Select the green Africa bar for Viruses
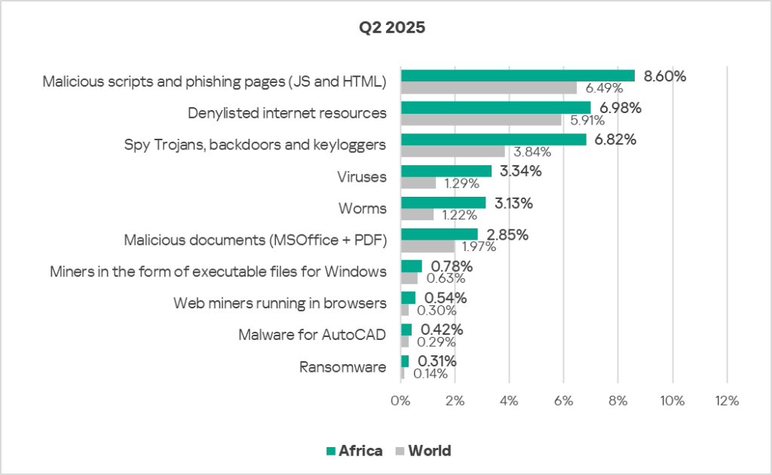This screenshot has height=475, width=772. (x=446, y=171)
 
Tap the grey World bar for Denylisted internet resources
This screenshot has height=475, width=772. (x=481, y=119)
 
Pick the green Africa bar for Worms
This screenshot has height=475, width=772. (x=443, y=203)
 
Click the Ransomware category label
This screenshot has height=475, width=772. (x=343, y=367)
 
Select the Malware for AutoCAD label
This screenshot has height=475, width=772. (x=312, y=336)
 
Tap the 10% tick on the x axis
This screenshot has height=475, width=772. (x=672, y=400)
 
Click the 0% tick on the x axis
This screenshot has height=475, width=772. (x=400, y=400)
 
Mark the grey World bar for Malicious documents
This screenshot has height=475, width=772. (x=427, y=246)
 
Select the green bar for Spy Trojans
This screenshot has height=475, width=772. (x=493, y=139)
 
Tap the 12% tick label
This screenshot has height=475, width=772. (x=726, y=400)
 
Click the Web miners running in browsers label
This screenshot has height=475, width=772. (x=280, y=304)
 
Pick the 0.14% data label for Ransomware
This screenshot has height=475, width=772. (x=430, y=373)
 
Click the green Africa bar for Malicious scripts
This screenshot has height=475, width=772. (x=517, y=76)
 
